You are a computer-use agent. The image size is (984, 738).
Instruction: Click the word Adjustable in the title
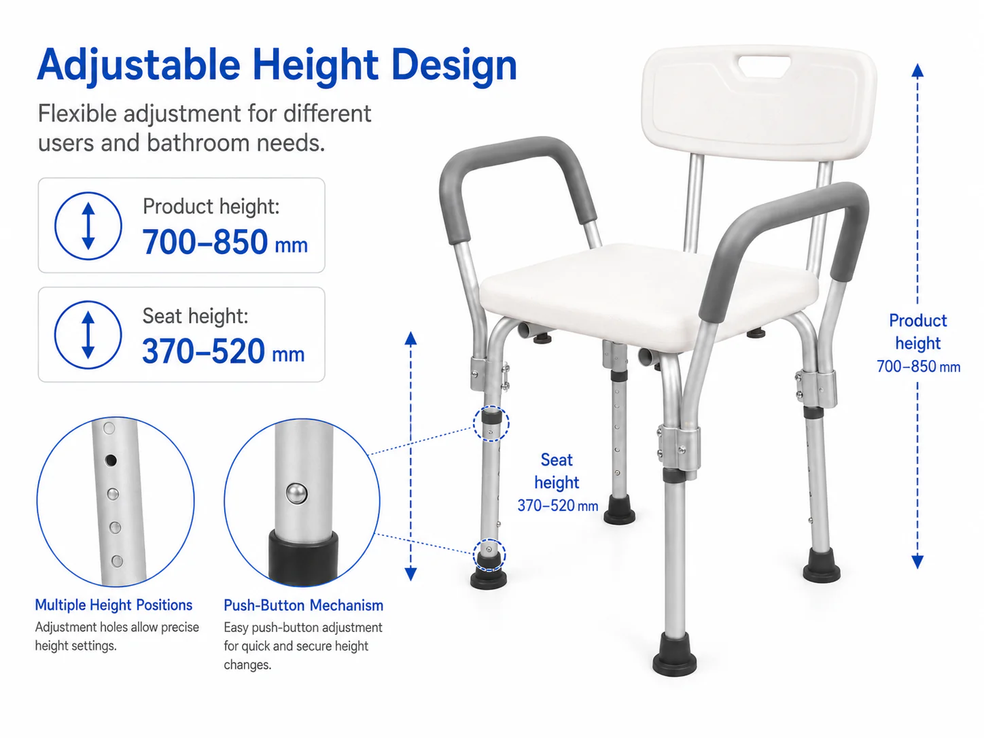139,66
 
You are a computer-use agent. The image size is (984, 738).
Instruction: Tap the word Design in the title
454,66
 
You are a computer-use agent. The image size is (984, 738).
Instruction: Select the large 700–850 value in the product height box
205,242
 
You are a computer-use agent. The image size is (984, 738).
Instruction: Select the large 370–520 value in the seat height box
203,351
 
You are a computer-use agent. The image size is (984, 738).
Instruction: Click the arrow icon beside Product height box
88,226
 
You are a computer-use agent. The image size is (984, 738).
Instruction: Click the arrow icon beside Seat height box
88,335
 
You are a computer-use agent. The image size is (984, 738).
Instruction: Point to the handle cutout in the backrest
765,65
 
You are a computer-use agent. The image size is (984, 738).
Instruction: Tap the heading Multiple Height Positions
114,605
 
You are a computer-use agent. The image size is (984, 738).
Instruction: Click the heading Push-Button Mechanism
304,605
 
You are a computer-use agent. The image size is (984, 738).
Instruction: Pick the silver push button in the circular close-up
297,493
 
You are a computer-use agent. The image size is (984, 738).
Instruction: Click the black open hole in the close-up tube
110,460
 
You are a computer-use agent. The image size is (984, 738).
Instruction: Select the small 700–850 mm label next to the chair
919,366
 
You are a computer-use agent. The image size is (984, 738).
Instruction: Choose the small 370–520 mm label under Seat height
558,506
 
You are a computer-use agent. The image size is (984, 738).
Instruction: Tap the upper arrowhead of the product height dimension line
917,71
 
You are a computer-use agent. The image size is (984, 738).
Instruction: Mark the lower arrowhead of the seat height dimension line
410,574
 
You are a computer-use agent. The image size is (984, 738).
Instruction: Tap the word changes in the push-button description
247,665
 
